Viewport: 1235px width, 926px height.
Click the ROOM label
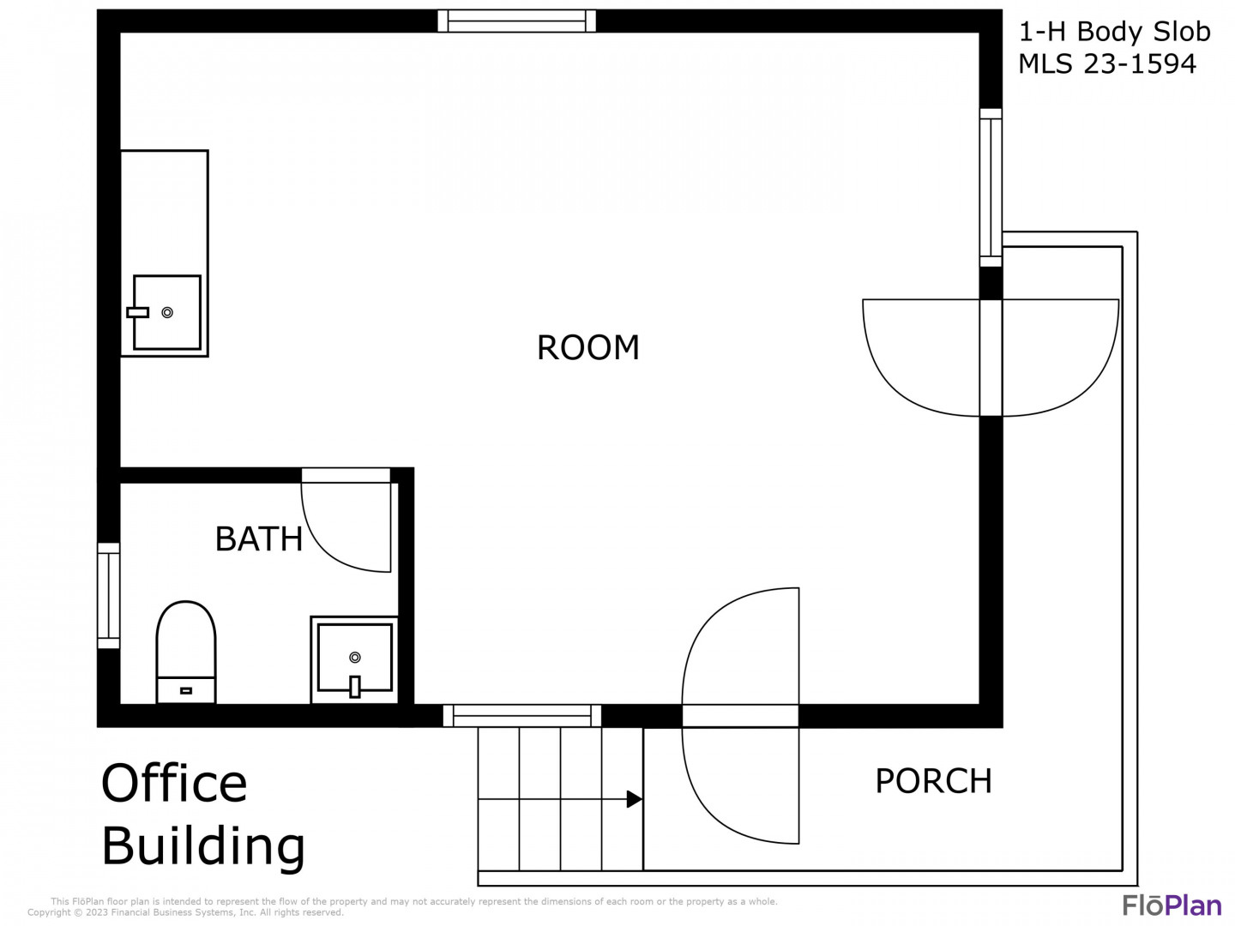(x=588, y=347)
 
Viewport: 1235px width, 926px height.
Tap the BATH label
(x=259, y=538)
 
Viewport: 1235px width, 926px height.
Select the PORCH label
(x=933, y=780)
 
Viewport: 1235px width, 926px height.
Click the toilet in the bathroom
(x=185, y=652)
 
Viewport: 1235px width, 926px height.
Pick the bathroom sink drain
(x=355, y=657)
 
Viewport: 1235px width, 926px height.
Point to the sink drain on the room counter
(x=167, y=313)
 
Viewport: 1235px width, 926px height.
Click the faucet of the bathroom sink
(x=354, y=687)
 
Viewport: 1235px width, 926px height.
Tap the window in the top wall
(x=516, y=21)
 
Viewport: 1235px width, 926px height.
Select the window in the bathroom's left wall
(x=109, y=595)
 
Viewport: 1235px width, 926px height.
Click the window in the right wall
(x=991, y=187)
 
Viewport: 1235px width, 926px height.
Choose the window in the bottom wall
(x=521, y=716)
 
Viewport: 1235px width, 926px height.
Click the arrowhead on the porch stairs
(x=635, y=799)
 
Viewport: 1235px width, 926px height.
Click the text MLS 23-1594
(x=1106, y=64)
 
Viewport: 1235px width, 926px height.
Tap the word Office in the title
(x=174, y=783)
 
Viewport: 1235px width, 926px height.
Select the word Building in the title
(x=203, y=846)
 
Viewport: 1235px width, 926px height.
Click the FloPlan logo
(x=1172, y=905)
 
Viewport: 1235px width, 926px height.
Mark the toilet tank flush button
(x=186, y=690)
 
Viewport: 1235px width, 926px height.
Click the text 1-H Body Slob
(x=1115, y=32)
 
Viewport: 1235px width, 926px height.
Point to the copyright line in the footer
(x=185, y=912)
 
